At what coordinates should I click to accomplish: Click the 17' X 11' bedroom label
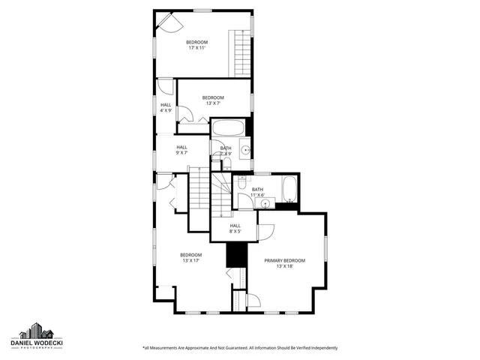pos(196,44)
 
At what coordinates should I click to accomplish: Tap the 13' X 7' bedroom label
pos(213,100)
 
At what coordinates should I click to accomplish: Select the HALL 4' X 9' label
pos(166,107)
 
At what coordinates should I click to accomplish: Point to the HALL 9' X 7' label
pos(181,149)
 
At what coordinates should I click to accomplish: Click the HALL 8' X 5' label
pos(235,228)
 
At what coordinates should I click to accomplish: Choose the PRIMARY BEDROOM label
pos(284,262)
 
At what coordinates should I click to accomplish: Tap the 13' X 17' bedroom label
pos(190,257)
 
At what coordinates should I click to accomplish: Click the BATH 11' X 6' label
pos(258,192)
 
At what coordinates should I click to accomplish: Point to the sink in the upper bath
pos(244,148)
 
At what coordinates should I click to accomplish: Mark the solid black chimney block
pos(236,254)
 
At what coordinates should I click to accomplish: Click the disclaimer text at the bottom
pos(240,348)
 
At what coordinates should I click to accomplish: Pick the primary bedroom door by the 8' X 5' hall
pos(266,232)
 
